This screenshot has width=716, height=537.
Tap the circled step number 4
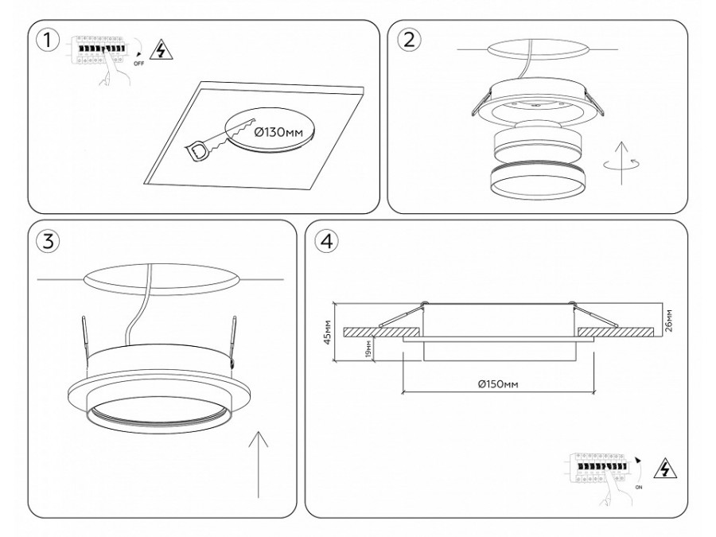(325, 241)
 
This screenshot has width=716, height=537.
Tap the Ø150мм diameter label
(499, 384)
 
